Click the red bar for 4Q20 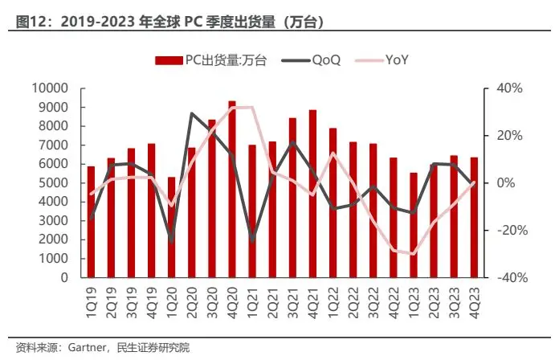232,190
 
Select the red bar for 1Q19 91,222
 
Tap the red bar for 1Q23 414,225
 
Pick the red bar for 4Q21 312,194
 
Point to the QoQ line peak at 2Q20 191,113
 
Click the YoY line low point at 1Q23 414,254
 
